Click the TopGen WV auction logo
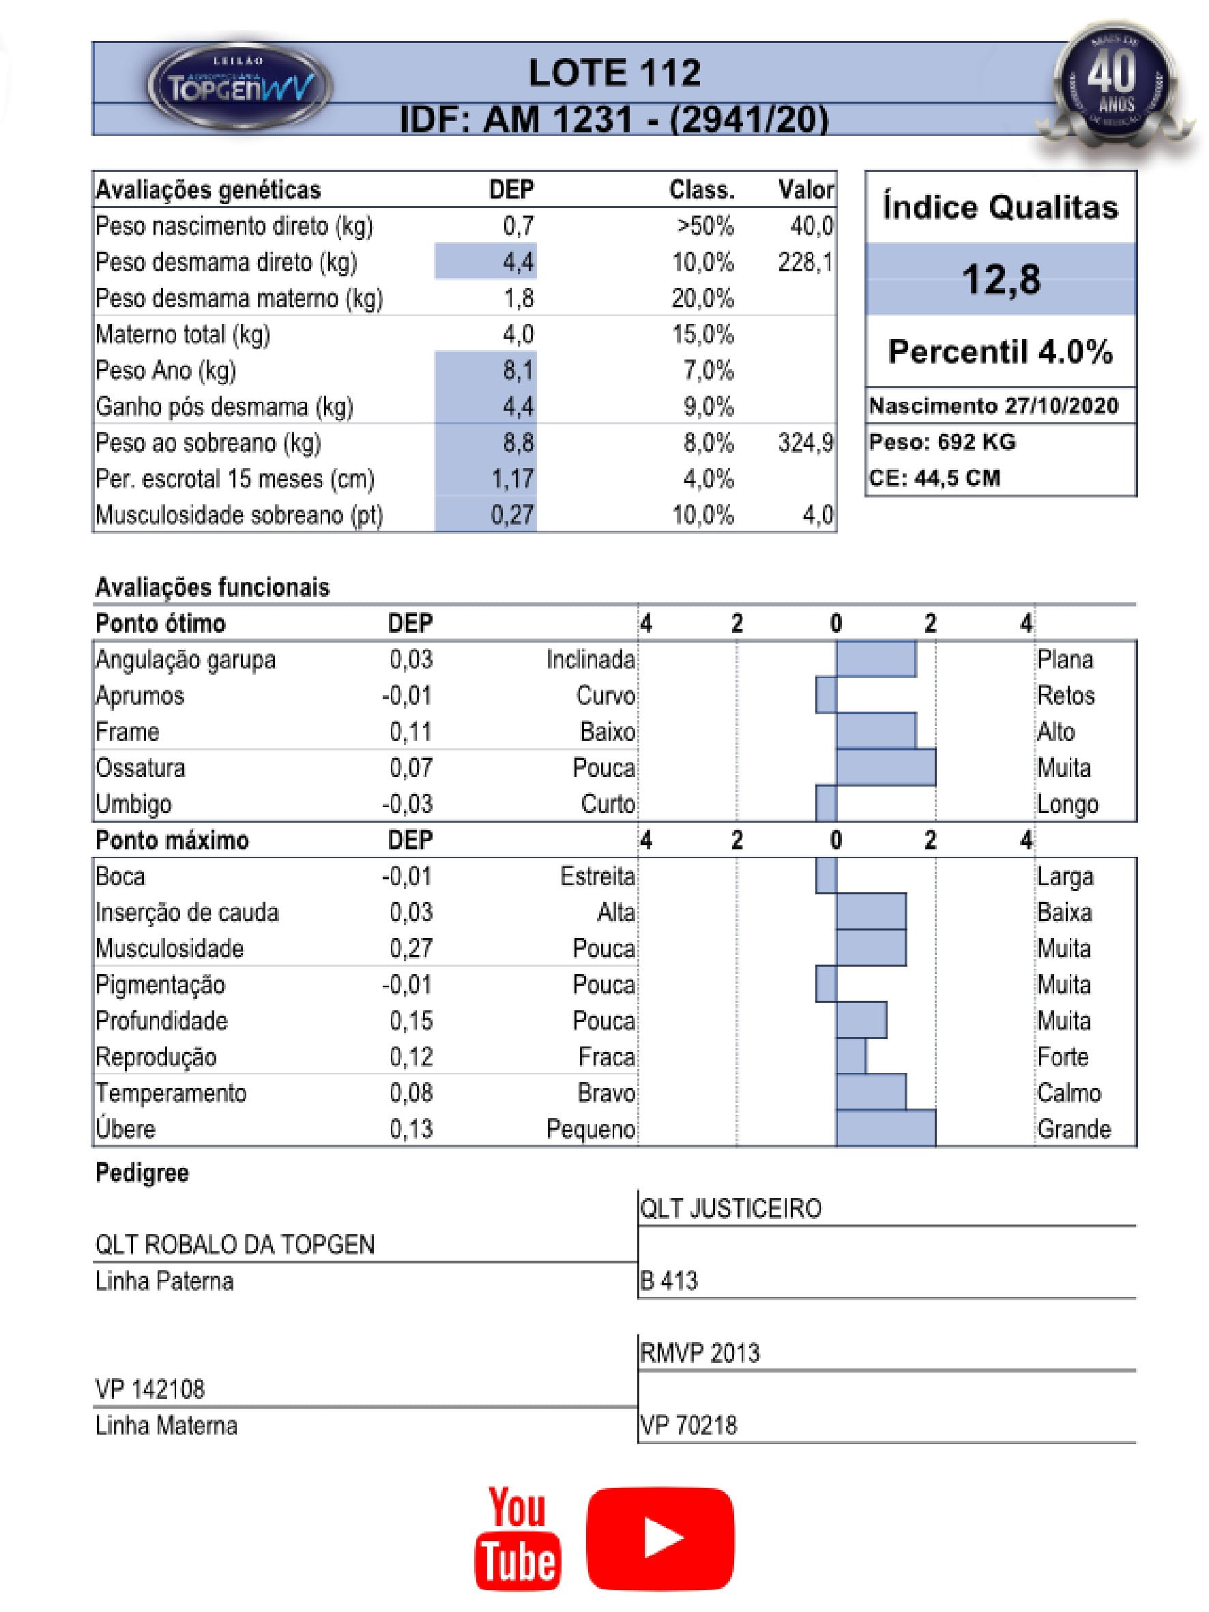pos(239,87)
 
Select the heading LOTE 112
pos(614,73)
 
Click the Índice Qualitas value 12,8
pos(1001,279)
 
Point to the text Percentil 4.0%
pos(1001,352)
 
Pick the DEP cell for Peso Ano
pos(486,370)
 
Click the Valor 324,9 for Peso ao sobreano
pos(805,442)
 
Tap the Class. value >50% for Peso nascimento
pos(704,226)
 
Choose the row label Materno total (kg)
pos(183,334)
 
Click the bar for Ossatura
pos(885,767)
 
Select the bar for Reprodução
pos(850,1056)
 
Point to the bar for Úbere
pos(885,1128)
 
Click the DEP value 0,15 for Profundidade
pos(411,1021)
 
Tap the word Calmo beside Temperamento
pos(1068,1092)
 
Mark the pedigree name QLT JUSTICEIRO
pos(730,1208)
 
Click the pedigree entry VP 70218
pos(688,1424)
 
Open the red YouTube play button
pos(660,1538)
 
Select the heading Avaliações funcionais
pos(212,587)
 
